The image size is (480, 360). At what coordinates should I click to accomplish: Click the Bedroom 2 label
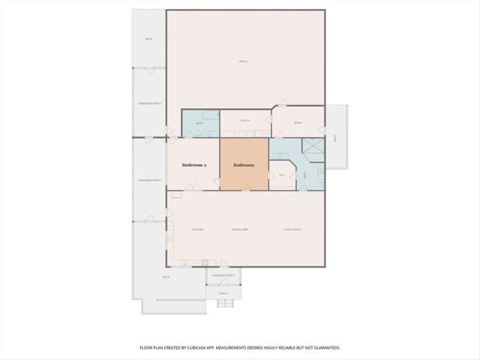click(194, 165)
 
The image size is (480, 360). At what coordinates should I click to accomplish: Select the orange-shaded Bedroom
click(244, 165)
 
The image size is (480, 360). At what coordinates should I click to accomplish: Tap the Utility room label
click(244, 121)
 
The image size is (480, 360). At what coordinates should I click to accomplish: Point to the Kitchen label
click(198, 229)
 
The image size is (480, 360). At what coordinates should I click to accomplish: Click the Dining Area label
click(240, 229)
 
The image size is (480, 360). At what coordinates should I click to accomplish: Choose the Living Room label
click(292, 229)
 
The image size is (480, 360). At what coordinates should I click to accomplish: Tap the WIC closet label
click(282, 175)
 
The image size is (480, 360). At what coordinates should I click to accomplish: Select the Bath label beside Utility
click(199, 124)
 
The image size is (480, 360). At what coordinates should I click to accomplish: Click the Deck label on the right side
click(335, 138)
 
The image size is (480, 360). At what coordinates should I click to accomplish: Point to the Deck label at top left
click(148, 39)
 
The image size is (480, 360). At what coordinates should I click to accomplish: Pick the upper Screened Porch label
click(148, 103)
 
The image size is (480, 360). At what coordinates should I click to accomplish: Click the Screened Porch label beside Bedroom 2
click(148, 181)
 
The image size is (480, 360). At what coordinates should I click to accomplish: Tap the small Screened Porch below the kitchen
click(223, 276)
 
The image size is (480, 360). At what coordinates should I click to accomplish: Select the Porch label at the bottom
click(223, 293)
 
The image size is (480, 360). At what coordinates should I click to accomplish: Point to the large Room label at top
click(244, 61)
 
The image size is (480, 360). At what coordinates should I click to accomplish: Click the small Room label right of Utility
click(298, 123)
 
